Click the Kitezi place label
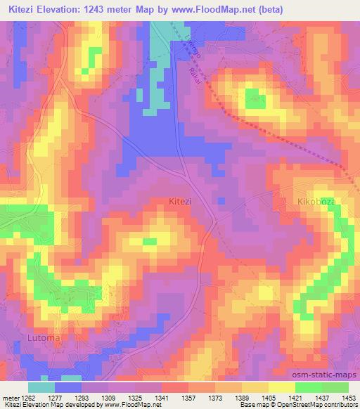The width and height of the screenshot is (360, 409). tap(181, 201)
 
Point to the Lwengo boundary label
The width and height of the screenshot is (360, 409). tap(190, 46)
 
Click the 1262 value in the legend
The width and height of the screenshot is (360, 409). tap(27, 397)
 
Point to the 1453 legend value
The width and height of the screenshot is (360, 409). tap(349, 397)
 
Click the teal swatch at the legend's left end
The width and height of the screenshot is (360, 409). tap(41, 387)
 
